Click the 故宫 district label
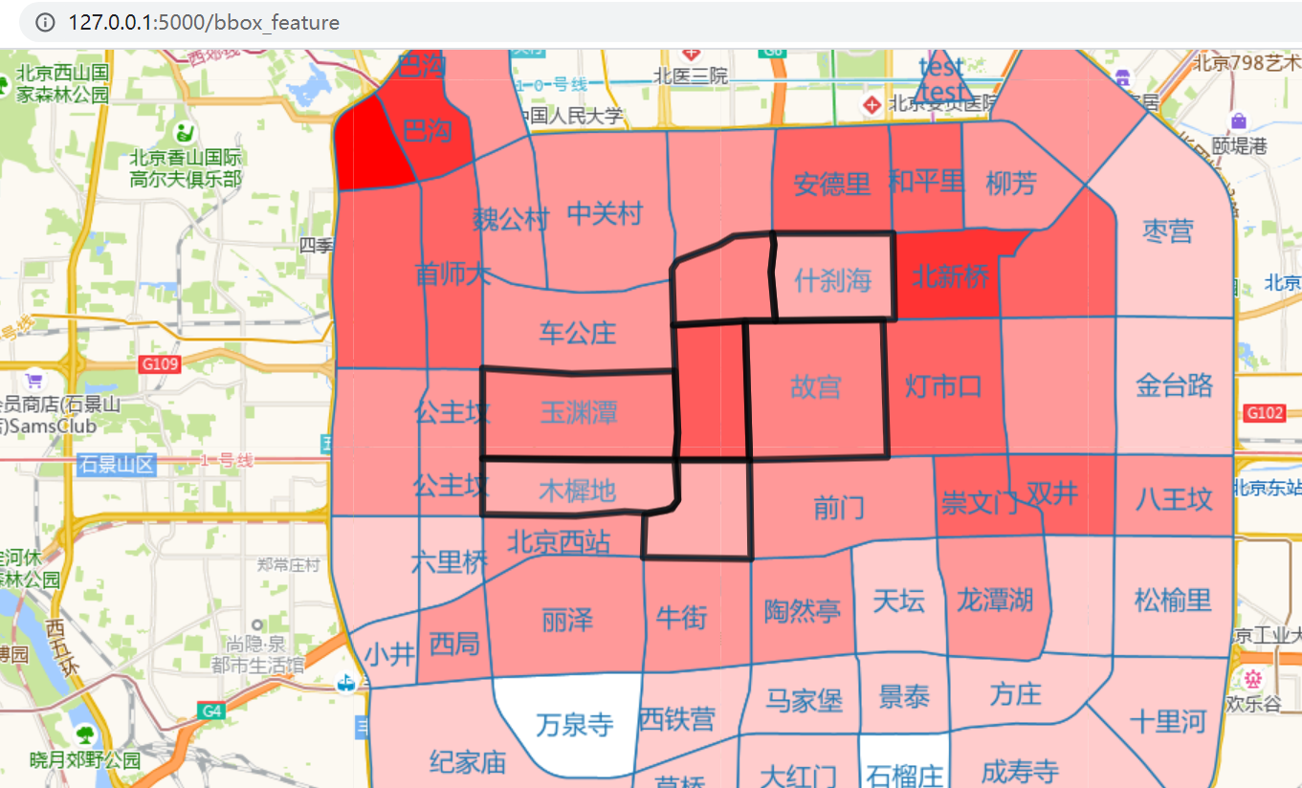[x=816, y=387]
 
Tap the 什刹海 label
[x=832, y=280]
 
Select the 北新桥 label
[x=949, y=276]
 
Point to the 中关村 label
[x=605, y=213]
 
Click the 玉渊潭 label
[x=579, y=412]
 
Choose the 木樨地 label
[x=577, y=491]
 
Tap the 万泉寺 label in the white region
[x=574, y=724]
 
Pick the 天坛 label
[x=899, y=601]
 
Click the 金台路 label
[x=1175, y=385]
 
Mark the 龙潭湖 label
[x=995, y=601]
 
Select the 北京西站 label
[x=559, y=542]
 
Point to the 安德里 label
[x=832, y=184]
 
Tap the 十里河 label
[x=1168, y=721]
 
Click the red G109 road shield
[x=159, y=364]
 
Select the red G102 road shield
[x=1264, y=413]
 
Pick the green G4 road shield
[x=210, y=711]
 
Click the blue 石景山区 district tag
[x=117, y=465]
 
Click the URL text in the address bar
[x=204, y=22]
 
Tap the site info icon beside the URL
[x=45, y=22]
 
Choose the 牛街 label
[x=682, y=618]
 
